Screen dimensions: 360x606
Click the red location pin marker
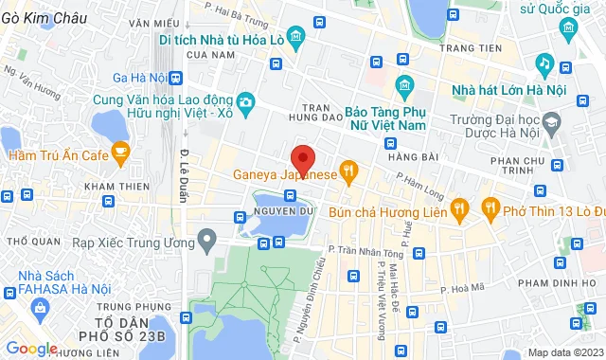(302, 158)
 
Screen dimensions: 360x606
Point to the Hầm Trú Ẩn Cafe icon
(119, 151)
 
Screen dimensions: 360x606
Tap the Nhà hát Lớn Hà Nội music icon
(544, 64)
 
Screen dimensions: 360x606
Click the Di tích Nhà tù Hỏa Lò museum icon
(296, 40)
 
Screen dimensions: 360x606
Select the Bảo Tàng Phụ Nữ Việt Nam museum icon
(404, 86)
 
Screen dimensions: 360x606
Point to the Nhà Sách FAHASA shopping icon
(40, 308)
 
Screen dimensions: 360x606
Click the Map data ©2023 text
(564, 352)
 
